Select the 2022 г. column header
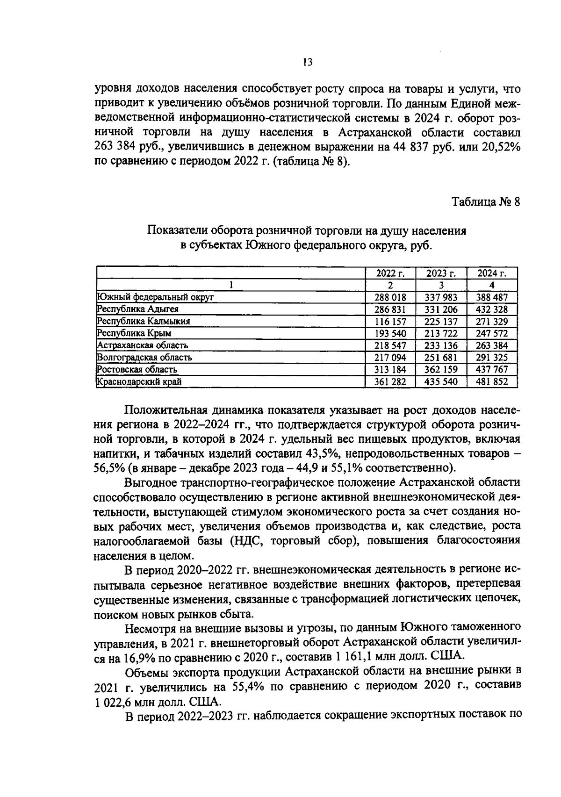tap(390, 273)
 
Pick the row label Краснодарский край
tap(139, 381)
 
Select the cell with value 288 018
tap(390, 297)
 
